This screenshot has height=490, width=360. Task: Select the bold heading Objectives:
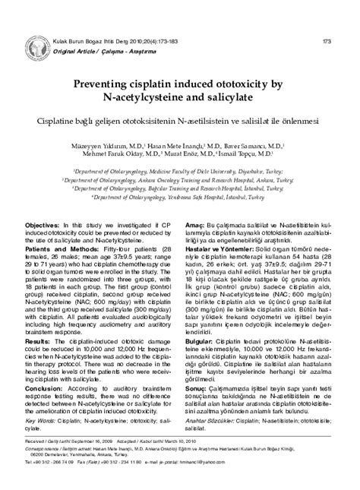point(47,226)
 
